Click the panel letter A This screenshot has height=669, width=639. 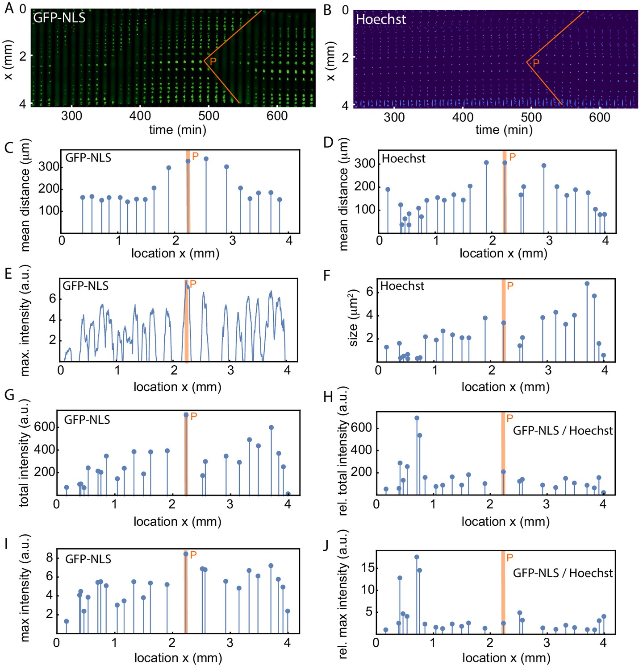tap(8, 8)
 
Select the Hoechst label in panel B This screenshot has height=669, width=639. tap(381, 19)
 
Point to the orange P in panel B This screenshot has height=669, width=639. tap(536, 63)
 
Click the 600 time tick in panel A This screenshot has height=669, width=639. tap(277, 116)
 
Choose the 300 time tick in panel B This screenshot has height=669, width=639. tap(394, 117)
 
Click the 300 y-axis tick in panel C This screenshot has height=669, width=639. tap(49, 167)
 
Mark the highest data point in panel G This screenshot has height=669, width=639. tap(186, 415)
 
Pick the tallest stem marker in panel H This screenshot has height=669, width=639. tap(417, 418)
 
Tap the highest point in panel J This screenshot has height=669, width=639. tap(417, 557)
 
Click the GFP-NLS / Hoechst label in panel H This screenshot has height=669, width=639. tap(563, 431)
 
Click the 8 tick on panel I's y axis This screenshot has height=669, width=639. tap(49, 557)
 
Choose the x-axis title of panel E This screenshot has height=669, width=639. tap(177, 387)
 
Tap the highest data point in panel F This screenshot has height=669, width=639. tap(587, 284)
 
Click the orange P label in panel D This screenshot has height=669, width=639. tap(512, 157)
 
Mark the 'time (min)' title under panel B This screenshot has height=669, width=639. tap(504, 130)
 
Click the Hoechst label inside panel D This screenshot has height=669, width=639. tap(403, 159)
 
